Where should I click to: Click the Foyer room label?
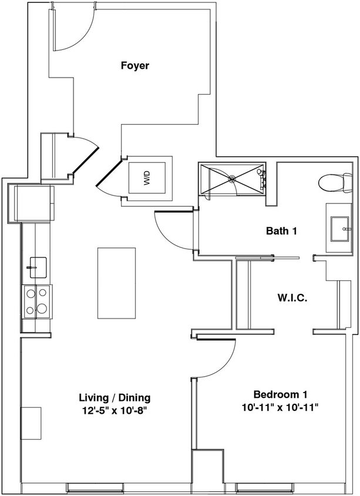134,65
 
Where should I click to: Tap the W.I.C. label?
292,297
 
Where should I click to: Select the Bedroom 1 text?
280,394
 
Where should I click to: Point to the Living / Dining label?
115,397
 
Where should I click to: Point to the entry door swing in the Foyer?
73,29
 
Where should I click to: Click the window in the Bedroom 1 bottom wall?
261,487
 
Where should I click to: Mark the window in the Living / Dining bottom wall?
90,487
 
